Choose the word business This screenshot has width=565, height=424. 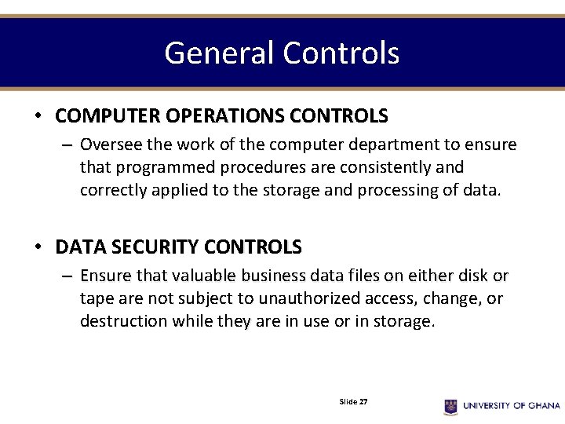(x=289, y=276)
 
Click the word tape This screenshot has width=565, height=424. (x=95, y=299)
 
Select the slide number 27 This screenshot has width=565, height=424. (x=363, y=401)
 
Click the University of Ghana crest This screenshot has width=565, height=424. (x=450, y=406)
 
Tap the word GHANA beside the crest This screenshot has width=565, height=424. (x=543, y=406)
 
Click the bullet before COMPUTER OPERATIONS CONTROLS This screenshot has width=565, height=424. (x=38, y=116)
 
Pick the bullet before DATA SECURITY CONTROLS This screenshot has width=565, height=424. (x=38, y=247)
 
